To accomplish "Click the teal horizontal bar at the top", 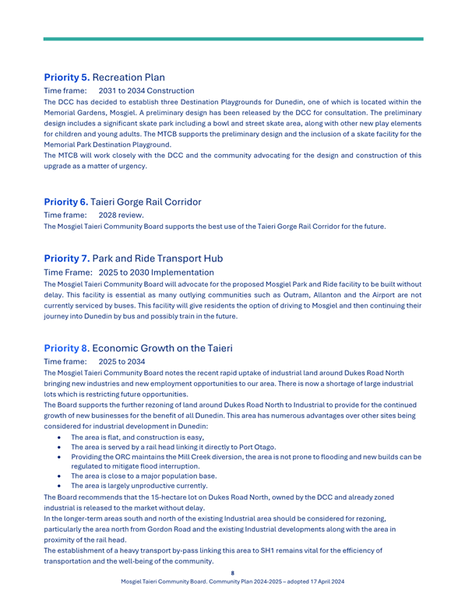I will coord(233,38).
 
